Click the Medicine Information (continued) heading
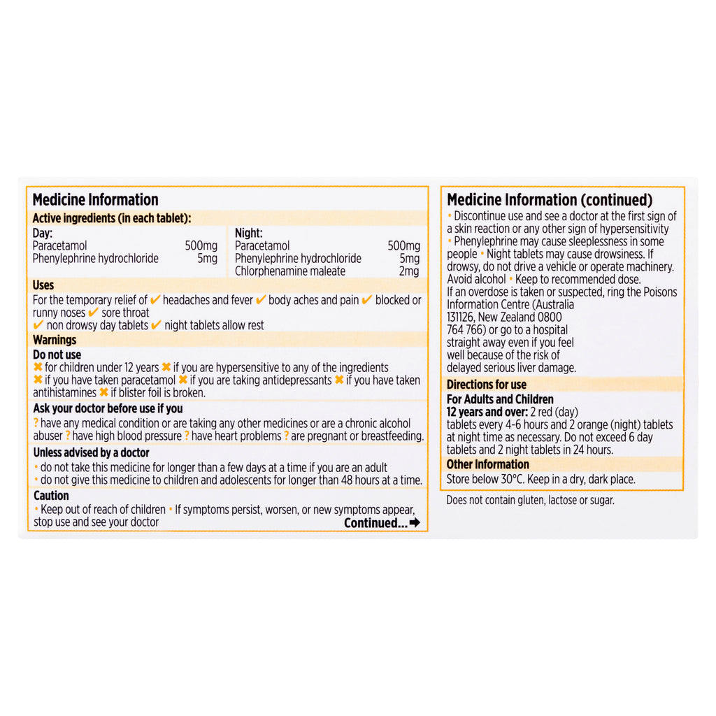click(x=550, y=201)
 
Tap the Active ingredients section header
click(x=112, y=218)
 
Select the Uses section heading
click(x=43, y=285)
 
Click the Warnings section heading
click(x=55, y=340)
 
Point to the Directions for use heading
click(x=487, y=384)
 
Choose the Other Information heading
click(x=488, y=464)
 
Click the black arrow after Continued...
click(x=415, y=522)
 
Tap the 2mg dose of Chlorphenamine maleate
click(x=409, y=271)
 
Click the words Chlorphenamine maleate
click(x=289, y=271)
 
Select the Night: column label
click(x=248, y=233)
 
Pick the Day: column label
click(x=43, y=233)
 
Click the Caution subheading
click(x=51, y=496)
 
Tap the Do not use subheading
click(x=57, y=355)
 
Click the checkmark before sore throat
click(x=93, y=313)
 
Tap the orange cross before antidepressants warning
click(x=182, y=380)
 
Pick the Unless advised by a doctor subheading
click(x=92, y=452)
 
